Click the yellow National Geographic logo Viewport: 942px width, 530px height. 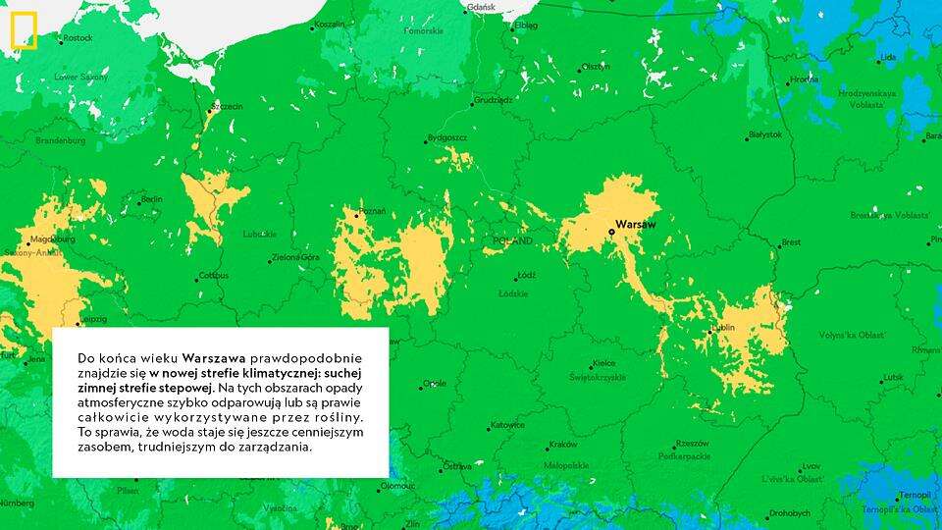(x=24, y=31)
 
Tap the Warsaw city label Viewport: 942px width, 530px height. (x=635, y=225)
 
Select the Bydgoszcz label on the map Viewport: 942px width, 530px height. (x=447, y=138)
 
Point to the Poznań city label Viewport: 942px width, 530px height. (x=373, y=211)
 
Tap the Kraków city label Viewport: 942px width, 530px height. (x=562, y=444)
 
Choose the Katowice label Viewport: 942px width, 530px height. (x=507, y=425)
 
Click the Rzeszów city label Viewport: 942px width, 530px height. (x=692, y=443)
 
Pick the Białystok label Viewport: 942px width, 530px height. (x=765, y=134)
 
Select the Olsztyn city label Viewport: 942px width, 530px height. (x=596, y=67)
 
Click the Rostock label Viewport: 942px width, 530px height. (x=78, y=38)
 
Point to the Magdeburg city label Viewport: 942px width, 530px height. (x=53, y=238)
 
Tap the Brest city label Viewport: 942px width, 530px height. (x=791, y=242)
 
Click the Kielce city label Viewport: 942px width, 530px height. (x=603, y=364)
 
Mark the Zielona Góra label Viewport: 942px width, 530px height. (x=296, y=257)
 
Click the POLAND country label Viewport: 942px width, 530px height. (x=512, y=240)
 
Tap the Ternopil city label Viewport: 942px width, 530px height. (x=916, y=495)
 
